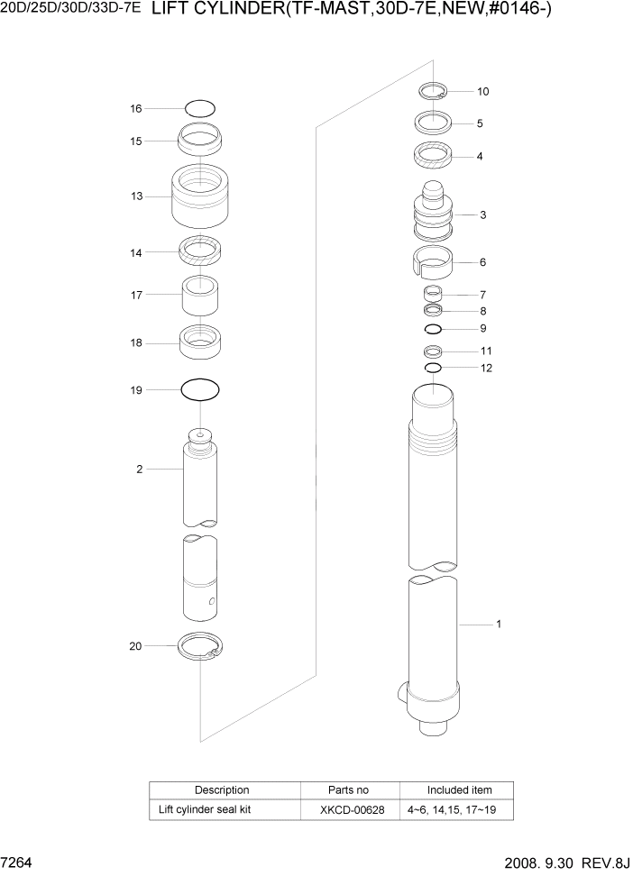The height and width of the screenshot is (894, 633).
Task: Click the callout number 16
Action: click(x=135, y=108)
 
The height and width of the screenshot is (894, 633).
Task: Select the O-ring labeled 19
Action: click(x=200, y=390)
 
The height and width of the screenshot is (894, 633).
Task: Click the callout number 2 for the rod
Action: click(x=139, y=469)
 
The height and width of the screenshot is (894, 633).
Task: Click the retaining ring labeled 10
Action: click(x=434, y=90)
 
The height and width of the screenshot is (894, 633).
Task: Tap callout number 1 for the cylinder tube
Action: click(x=499, y=624)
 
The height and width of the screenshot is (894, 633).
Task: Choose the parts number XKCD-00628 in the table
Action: click(x=352, y=809)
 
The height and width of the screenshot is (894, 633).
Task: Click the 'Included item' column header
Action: click(x=459, y=789)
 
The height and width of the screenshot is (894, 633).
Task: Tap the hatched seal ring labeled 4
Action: click(x=433, y=155)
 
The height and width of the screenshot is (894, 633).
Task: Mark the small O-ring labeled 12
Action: click(x=433, y=368)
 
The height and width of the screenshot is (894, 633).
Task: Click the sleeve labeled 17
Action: click(x=201, y=294)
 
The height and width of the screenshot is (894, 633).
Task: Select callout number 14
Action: click(x=135, y=253)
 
